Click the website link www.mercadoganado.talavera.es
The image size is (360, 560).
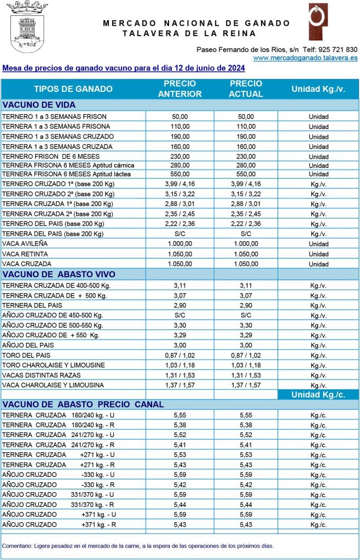point(305,57)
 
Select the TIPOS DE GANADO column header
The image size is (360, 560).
point(73,89)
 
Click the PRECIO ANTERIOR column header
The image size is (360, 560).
point(180,89)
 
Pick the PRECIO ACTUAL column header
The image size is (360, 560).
point(246,89)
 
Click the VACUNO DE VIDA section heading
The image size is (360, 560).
point(39,105)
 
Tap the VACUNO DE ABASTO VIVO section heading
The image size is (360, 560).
point(59,274)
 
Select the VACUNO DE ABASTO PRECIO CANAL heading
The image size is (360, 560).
point(83,404)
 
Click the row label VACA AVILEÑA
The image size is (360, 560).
point(25,244)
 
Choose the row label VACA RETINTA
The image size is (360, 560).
point(25,254)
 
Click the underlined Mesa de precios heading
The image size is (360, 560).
point(124,68)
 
